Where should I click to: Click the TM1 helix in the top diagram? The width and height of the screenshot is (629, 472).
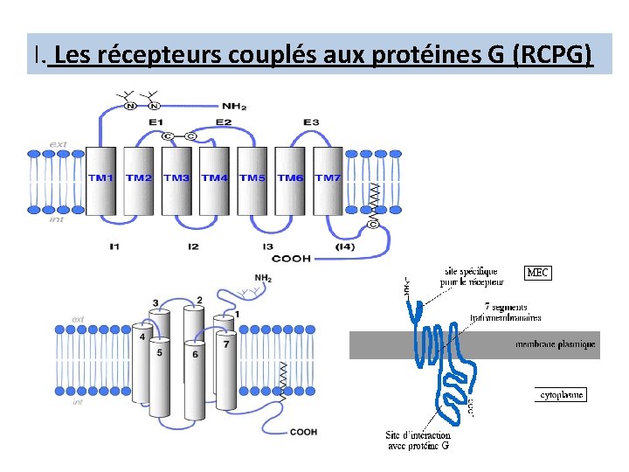(x=101, y=178)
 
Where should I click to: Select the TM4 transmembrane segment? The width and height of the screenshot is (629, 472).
(x=213, y=178)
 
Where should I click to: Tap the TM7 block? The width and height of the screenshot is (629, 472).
(x=328, y=178)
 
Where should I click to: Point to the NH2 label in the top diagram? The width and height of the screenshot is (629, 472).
(x=233, y=107)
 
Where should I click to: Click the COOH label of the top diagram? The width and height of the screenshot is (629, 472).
(x=291, y=259)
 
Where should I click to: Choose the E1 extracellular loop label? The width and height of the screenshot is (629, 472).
(x=156, y=121)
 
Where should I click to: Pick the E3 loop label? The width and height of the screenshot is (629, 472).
(x=311, y=121)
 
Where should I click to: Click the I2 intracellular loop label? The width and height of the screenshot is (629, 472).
(x=192, y=246)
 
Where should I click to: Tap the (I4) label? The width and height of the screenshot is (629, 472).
(x=345, y=246)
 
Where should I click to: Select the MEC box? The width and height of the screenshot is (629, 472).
(x=538, y=273)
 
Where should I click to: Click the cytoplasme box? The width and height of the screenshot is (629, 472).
(x=560, y=395)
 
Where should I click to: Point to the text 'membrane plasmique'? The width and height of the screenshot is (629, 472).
(x=556, y=344)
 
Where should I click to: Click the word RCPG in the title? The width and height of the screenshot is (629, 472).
(x=553, y=55)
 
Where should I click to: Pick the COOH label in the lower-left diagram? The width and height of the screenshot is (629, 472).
(x=303, y=432)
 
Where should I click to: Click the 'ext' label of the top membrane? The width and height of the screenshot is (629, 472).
(x=59, y=143)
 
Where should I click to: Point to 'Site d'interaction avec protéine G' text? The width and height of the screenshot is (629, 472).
(x=418, y=441)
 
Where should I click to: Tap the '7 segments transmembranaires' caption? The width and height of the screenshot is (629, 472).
(x=506, y=312)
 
